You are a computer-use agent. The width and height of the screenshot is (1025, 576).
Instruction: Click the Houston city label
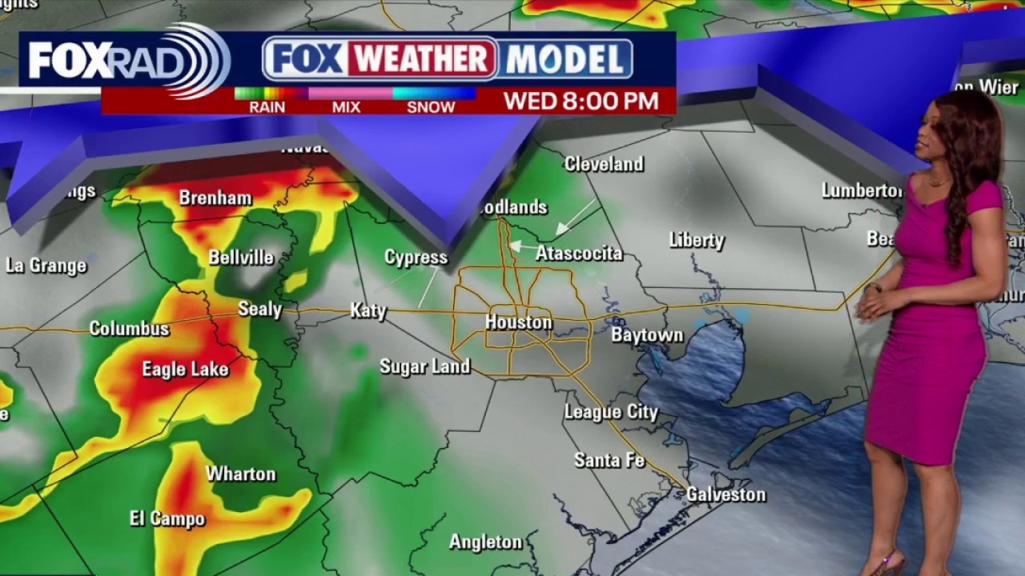click(x=518, y=322)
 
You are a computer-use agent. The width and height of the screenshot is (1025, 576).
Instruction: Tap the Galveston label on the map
click(x=726, y=494)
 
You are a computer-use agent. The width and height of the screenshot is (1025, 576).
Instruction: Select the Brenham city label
click(x=215, y=198)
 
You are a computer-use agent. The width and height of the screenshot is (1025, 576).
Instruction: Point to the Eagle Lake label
click(x=185, y=369)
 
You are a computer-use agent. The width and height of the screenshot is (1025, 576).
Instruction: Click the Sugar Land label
click(x=424, y=366)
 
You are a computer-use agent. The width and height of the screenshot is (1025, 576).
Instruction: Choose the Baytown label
click(x=647, y=335)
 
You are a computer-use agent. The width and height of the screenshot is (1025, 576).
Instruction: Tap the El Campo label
click(x=167, y=518)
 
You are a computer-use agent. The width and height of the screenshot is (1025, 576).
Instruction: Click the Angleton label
click(x=485, y=542)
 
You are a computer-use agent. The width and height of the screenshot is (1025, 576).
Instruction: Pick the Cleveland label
click(x=604, y=164)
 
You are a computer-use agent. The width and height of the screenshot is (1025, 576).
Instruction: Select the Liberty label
click(x=697, y=240)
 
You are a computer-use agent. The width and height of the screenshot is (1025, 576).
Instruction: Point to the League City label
click(x=611, y=412)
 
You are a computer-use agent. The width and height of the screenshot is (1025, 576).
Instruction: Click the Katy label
click(x=368, y=310)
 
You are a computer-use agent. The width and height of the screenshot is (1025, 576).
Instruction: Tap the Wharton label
click(x=240, y=474)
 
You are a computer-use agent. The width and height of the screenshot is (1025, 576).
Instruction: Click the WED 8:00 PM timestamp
click(x=581, y=101)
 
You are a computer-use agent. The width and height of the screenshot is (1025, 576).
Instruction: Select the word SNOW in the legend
click(x=431, y=107)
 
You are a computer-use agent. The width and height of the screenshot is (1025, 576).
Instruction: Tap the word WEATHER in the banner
click(x=422, y=59)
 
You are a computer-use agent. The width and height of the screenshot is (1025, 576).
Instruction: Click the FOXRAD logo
click(x=128, y=61)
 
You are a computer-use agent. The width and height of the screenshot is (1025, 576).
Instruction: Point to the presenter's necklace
click(x=937, y=182)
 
